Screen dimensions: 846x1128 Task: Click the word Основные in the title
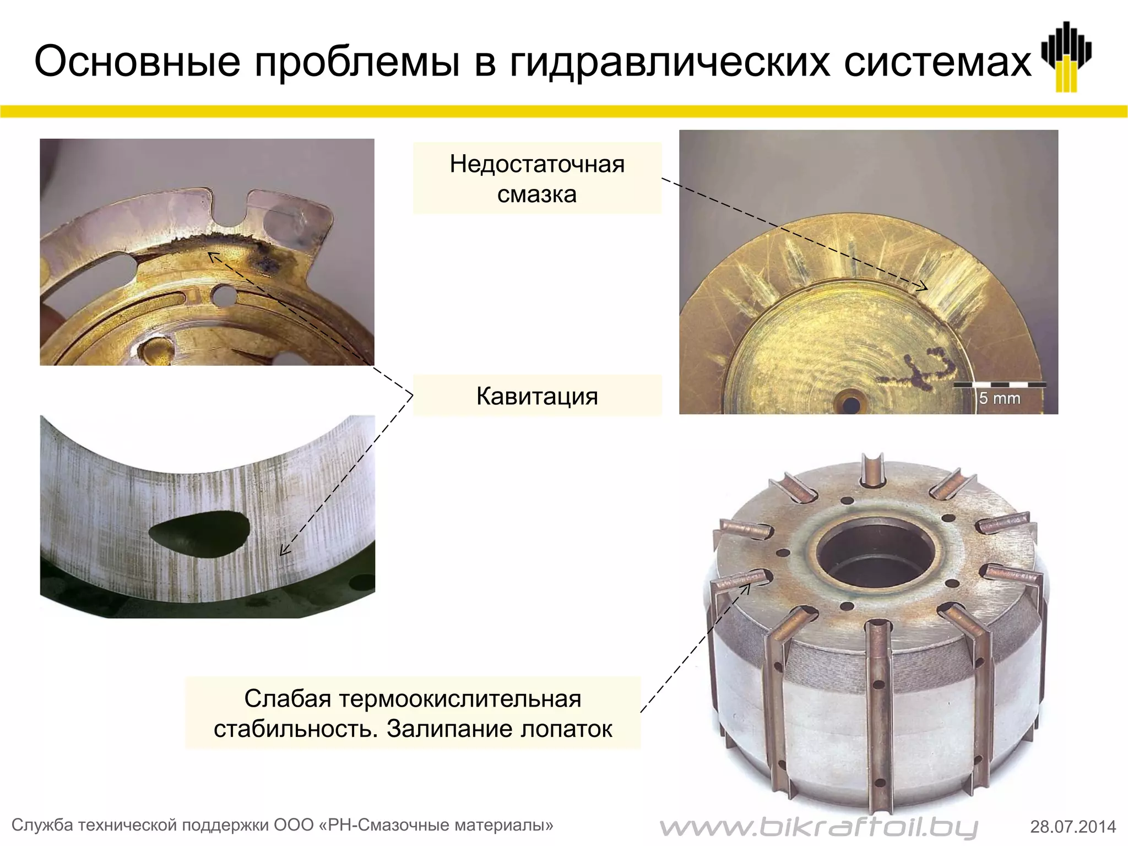click(x=137, y=62)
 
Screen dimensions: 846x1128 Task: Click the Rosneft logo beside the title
click(x=1066, y=57)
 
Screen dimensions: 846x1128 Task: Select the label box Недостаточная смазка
click(x=537, y=178)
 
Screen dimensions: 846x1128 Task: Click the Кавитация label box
click(x=537, y=396)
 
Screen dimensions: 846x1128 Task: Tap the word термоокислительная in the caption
click(x=460, y=699)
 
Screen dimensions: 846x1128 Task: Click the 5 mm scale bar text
click(x=999, y=398)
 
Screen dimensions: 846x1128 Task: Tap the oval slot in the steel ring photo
click(x=201, y=535)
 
